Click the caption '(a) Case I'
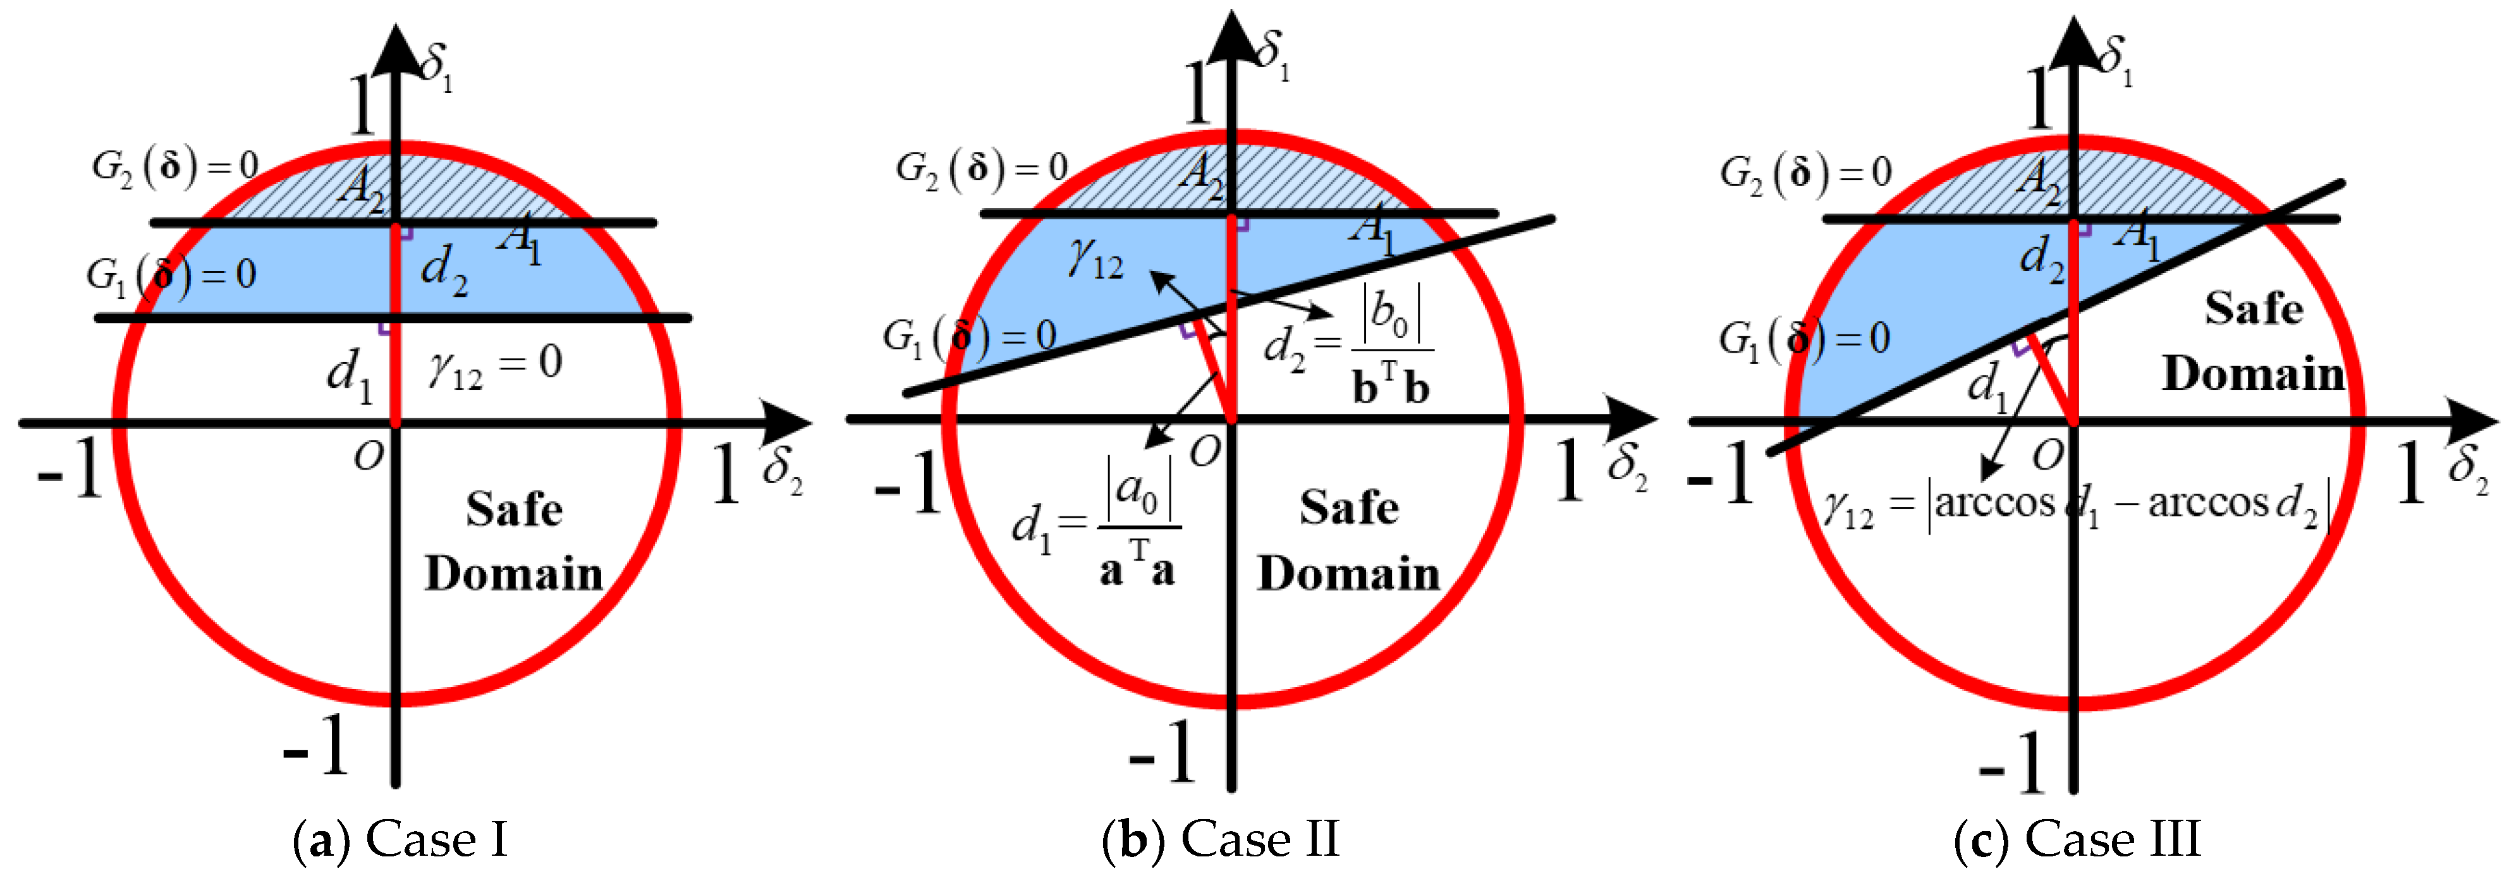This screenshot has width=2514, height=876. (400, 839)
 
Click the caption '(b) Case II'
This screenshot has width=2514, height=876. (1220, 839)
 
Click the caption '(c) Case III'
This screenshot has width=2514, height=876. (2077, 839)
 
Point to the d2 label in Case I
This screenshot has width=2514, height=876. (444, 268)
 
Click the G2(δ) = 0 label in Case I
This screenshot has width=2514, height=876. (176, 167)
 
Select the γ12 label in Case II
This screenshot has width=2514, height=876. (1095, 259)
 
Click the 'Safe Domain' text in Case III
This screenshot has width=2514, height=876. (2252, 341)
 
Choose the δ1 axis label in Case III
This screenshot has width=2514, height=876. (2116, 61)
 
